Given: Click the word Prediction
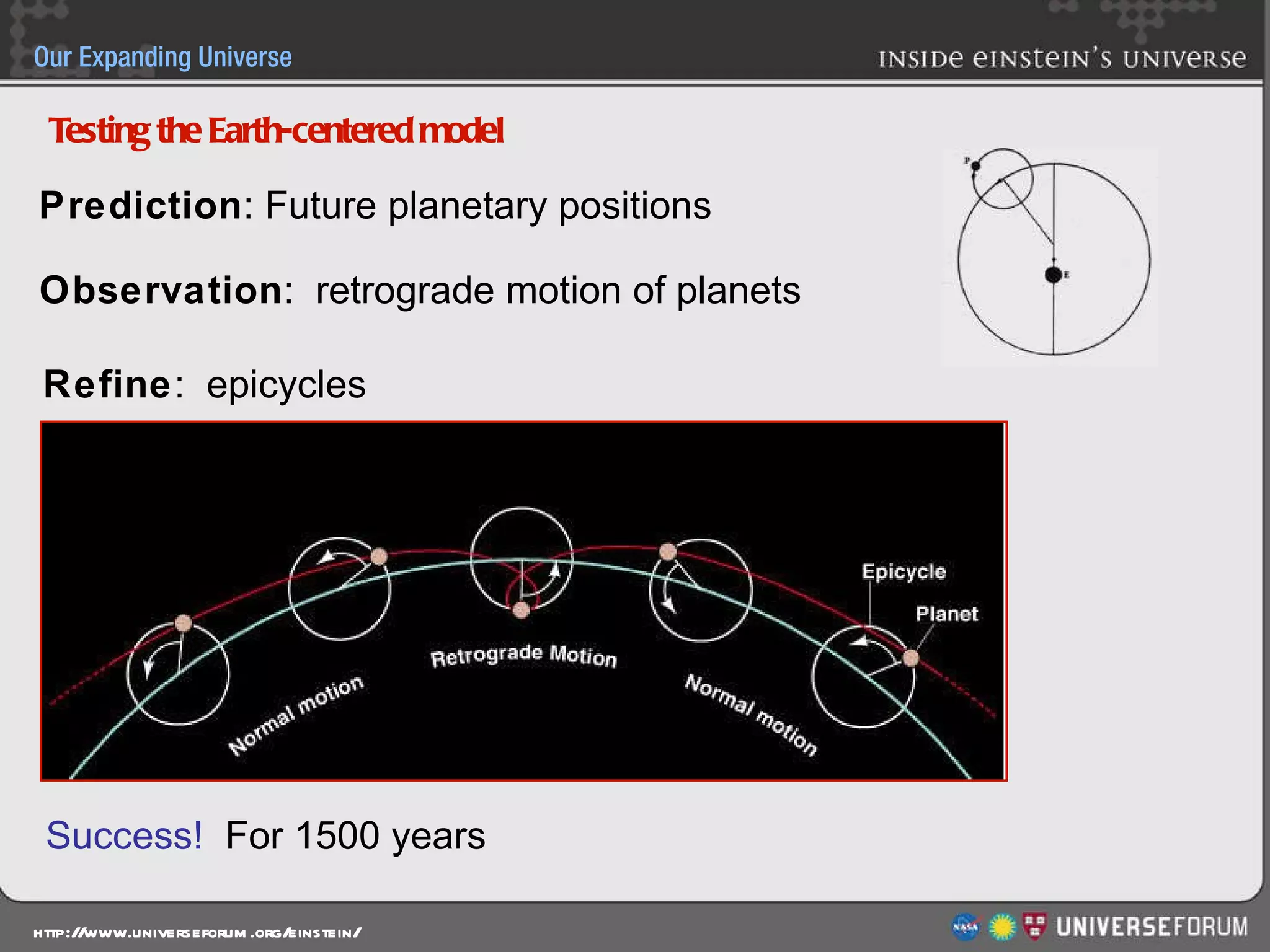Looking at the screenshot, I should (x=141, y=205).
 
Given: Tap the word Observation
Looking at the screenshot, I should (x=162, y=290).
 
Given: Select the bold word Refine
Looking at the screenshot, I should (x=107, y=384).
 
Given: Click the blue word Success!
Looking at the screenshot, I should (x=124, y=835).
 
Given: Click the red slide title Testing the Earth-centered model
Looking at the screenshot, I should (x=276, y=131).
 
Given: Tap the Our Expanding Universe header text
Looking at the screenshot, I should (x=162, y=57).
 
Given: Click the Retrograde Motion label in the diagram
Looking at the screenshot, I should (x=524, y=656).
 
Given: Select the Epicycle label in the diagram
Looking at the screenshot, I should (x=904, y=571).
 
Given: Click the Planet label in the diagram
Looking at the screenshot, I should (x=946, y=614).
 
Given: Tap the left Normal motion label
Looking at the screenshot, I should (x=296, y=714).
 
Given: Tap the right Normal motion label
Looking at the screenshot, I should (x=751, y=714).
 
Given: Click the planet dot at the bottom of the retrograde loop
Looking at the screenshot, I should (x=522, y=610).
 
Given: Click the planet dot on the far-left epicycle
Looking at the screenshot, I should (x=183, y=623).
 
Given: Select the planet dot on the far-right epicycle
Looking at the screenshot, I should (x=910, y=658).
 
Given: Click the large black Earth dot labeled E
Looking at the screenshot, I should (x=1053, y=275).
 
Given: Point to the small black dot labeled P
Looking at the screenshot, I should (x=975, y=165).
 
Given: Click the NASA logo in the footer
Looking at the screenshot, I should (x=965, y=927).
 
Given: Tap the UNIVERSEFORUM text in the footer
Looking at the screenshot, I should (x=1152, y=927).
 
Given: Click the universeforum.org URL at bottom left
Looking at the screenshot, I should (x=197, y=933).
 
